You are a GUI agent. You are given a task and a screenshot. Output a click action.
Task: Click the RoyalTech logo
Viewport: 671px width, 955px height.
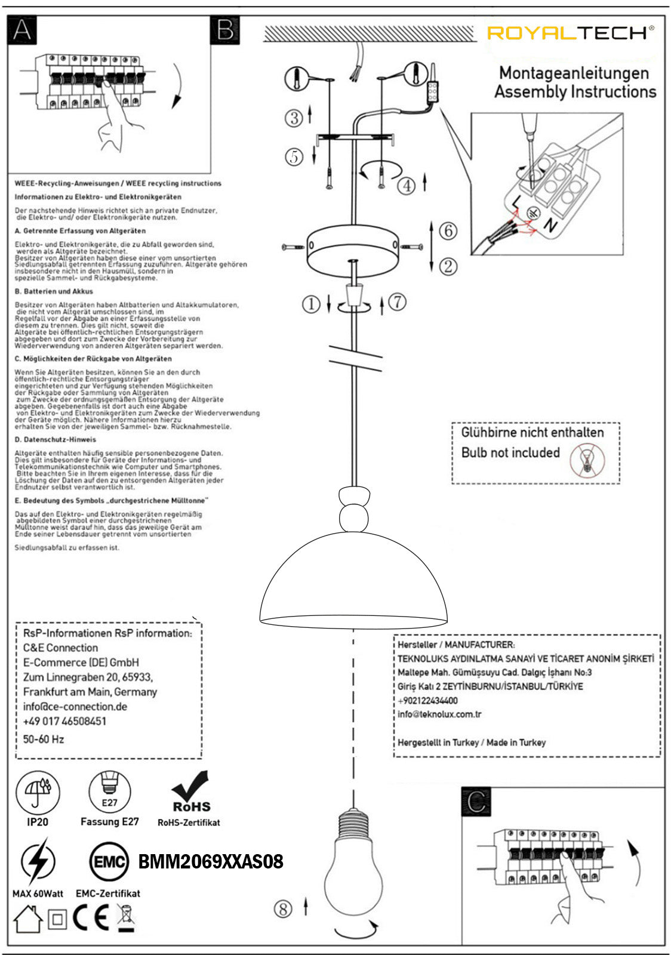(x=570, y=33)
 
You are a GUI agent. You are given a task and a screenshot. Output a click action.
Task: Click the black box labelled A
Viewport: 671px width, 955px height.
(x=21, y=30)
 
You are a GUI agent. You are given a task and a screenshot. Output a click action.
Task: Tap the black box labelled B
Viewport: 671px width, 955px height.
(x=225, y=30)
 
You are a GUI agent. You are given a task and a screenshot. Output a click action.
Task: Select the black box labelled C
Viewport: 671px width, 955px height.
(x=476, y=802)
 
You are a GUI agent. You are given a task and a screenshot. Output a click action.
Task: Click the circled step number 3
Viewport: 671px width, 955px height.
(x=294, y=118)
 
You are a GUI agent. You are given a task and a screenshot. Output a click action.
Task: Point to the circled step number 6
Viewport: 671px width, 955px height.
(x=448, y=230)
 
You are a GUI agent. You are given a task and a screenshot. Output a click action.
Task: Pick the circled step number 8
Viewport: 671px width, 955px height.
(x=283, y=908)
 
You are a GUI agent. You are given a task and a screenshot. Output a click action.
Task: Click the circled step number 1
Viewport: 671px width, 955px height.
(x=310, y=304)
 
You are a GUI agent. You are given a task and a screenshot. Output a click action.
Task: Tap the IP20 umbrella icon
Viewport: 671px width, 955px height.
(x=38, y=793)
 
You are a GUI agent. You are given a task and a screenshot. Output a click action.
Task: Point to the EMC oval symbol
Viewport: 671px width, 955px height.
(x=109, y=861)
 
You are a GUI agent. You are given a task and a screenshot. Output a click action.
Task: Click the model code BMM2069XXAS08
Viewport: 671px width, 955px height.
(x=211, y=861)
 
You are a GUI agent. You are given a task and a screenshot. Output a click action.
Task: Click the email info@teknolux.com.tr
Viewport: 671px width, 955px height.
(x=439, y=714)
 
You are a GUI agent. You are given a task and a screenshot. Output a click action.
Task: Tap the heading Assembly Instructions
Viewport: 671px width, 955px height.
(x=575, y=92)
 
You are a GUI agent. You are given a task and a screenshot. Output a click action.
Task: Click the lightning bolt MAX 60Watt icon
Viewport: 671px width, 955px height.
(x=38, y=861)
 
